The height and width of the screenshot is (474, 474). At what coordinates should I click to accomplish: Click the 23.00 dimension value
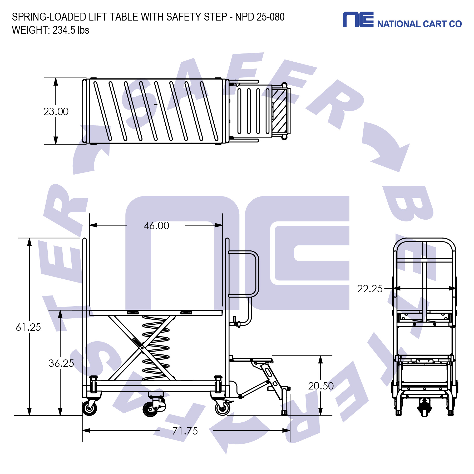click(56, 112)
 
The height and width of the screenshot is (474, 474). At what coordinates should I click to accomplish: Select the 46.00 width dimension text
click(156, 226)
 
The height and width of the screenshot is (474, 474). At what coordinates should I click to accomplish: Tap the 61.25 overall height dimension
click(28, 327)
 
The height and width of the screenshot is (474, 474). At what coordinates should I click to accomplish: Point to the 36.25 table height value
click(61, 363)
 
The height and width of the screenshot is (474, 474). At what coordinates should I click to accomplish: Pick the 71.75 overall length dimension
click(185, 431)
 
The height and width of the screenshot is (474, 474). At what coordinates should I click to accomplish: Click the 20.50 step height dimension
click(321, 386)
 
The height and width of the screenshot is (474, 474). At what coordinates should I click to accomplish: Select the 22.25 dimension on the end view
click(369, 289)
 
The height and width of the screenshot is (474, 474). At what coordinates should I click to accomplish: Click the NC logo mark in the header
click(358, 19)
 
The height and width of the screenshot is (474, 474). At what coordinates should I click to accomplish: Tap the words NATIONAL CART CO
click(419, 24)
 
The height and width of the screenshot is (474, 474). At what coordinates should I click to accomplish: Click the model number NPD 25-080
click(260, 17)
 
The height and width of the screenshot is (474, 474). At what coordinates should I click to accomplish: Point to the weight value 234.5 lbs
click(71, 30)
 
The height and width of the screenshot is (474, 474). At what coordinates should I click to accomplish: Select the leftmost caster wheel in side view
click(90, 408)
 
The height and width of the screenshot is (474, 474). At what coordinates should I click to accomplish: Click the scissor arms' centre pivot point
click(142, 348)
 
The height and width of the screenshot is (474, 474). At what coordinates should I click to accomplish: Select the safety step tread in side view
click(251, 359)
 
